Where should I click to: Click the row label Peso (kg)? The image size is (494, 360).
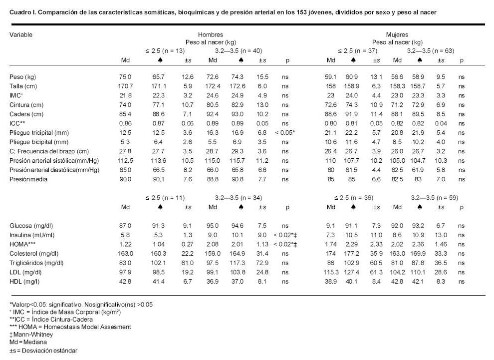(x=22, y=77)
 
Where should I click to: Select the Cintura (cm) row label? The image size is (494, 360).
(x=26, y=105)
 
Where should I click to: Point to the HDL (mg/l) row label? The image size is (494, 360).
(x=25, y=282)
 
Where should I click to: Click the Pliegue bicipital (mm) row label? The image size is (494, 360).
(x=37, y=142)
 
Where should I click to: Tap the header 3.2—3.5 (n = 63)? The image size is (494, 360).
(x=431, y=51)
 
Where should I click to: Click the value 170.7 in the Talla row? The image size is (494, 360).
(x=125, y=87)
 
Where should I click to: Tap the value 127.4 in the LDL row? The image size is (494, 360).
(x=353, y=272)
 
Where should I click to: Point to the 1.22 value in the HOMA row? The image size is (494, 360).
(x=126, y=244)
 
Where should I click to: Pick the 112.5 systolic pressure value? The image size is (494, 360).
(x=125, y=161)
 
